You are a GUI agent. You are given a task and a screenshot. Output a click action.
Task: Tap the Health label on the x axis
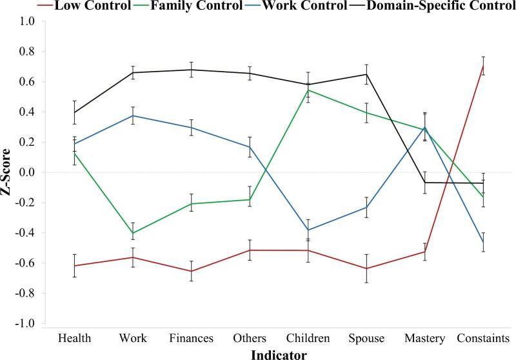click(x=75, y=338)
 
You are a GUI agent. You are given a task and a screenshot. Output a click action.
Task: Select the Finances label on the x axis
click(x=191, y=338)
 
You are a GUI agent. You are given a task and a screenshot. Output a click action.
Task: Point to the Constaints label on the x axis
click(x=483, y=338)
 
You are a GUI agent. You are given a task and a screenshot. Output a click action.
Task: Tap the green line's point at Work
click(x=133, y=233)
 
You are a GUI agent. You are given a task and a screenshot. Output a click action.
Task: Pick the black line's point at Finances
click(x=191, y=70)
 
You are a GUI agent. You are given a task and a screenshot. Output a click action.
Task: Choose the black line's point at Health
click(x=75, y=113)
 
